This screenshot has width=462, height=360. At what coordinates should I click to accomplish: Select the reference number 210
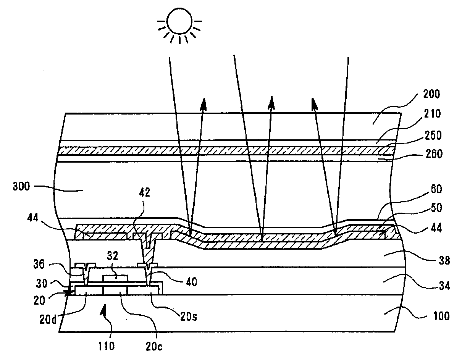(430, 114)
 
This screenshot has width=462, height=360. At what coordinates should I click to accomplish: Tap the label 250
(432, 136)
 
